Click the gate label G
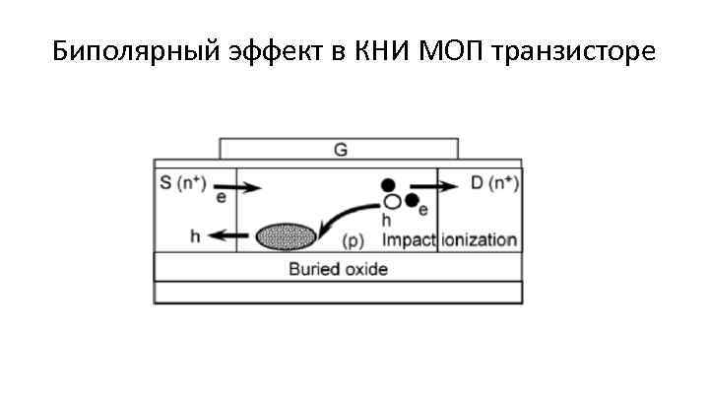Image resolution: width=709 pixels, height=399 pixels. (x=340, y=150)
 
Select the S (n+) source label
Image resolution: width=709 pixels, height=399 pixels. (x=182, y=182)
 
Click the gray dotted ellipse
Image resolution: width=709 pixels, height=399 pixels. (x=286, y=236)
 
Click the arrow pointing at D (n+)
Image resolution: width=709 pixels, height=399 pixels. (x=429, y=185)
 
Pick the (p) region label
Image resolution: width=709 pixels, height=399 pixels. (x=353, y=239)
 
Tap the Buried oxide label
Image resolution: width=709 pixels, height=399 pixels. (x=338, y=268)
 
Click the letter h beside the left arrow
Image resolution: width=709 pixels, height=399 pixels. (x=195, y=235)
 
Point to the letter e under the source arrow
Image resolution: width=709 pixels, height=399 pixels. (x=221, y=197)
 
